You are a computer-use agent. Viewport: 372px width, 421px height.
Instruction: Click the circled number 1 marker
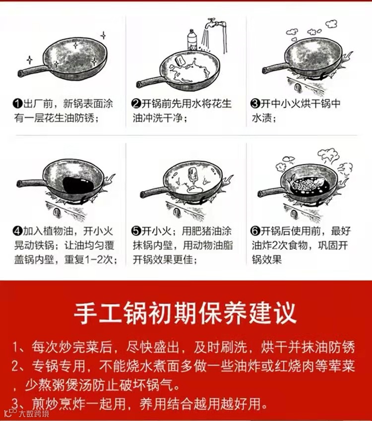[18, 104]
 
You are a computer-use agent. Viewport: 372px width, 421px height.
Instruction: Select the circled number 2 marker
[136, 104]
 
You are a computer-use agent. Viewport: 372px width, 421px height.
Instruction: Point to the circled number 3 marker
[255, 104]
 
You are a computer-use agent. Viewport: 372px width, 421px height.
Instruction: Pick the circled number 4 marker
[18, 231]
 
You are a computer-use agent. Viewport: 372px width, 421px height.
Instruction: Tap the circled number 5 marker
[136, 231]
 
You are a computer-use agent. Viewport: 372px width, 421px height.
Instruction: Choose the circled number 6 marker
[255, 231]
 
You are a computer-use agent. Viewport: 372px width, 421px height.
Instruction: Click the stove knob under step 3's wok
[297, 87]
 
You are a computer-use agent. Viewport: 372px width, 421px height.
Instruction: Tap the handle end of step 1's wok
[20, 73]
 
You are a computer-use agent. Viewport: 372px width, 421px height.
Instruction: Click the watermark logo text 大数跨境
[34, 414]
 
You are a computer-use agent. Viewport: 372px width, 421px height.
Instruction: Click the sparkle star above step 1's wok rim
[103, 35]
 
